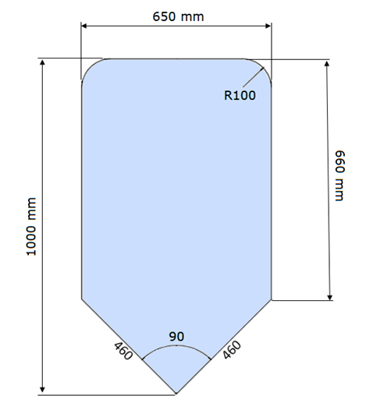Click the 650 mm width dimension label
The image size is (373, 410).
tap(178, 16)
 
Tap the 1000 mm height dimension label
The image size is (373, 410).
tap(31, 227)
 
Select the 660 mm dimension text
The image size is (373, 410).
tap(340, 175)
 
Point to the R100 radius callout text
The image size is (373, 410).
tap(240, 95)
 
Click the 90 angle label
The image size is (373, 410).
tap(176, 337)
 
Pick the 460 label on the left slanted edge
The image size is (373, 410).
tap(123, 351)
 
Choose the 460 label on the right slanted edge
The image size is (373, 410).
tap(232, 350)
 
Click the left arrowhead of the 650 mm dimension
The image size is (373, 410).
tap(83, 26)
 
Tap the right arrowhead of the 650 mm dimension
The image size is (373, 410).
tap(268, 26)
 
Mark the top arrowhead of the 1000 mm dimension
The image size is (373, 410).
tap(43, 62)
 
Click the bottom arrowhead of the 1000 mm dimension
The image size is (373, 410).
tap(43, 390)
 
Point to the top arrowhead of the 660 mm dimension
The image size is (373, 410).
tap(327, 64)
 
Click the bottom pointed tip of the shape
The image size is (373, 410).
tap(176, 394)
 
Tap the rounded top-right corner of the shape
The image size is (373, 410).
tap(264, 66)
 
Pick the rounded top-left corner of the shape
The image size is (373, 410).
tap(89, 66)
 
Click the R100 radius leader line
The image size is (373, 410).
tap(254, 77)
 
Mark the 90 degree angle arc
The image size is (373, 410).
tap(176, 345)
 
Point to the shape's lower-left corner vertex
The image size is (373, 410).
tap(82, 299)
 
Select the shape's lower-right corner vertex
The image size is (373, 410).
tap(272, 299)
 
